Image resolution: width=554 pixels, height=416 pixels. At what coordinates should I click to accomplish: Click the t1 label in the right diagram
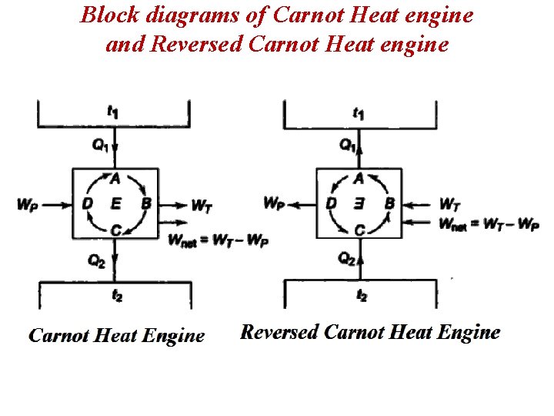pyautogui.click(x=359, y=112)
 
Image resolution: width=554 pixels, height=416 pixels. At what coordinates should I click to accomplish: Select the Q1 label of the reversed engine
pyautogui.click(x=348, y=145)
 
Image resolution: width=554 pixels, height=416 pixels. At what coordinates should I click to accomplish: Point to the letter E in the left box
pyautogui.click(x=115, y=203)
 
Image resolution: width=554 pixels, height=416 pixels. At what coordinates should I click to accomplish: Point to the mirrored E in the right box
pyautogui.click(x=359, y=203)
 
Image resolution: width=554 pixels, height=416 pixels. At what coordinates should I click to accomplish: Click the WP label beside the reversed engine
pyautogui.click(x=273, y=203)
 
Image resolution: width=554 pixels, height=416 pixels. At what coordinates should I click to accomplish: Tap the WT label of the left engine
pyautogui.click(x=202, y=206)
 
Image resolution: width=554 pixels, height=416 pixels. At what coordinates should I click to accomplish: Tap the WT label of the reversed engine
pyautogui.click(x=450, y=204)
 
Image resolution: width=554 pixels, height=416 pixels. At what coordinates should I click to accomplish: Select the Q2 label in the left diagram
pyautogui.click(x=97, y=260)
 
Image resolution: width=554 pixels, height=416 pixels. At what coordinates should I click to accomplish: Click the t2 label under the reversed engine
pyautogui.click(x=362, y=295)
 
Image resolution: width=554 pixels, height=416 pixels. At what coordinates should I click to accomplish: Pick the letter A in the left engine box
pyautogui.click(x=115, y=179)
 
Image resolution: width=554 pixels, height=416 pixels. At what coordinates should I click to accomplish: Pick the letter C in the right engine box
pyautogui.click(x=360, y=230)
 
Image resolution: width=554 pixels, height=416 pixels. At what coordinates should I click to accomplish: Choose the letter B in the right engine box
pyautogui.click(x=389, y=203)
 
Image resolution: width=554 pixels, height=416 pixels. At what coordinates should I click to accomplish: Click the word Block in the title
pyautogui.click(x=106, y=15)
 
